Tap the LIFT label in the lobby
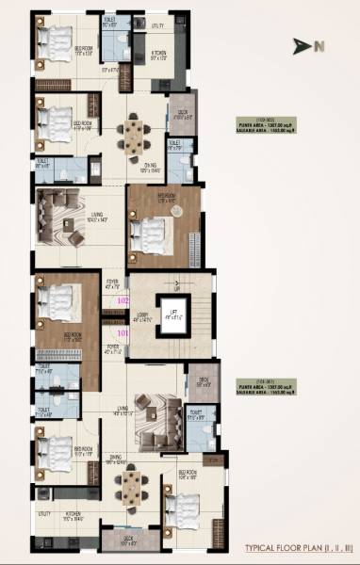click(172, 314)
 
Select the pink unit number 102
click(122, 300)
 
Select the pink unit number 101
click(122, 331)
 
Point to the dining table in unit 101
click(131, 483)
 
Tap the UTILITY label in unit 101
click(45, 514)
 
